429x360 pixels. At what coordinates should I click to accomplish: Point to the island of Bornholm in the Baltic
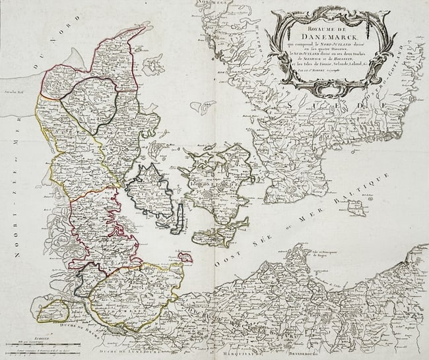(x=356, y=209)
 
